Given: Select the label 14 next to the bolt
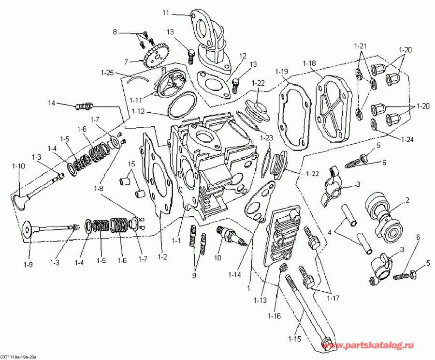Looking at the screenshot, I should click(52, 103).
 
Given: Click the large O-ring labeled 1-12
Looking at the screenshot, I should click(182, 106).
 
